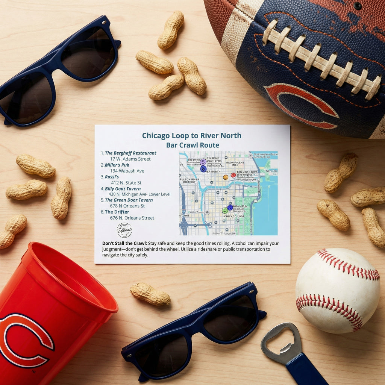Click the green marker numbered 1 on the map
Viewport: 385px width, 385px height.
tap(224, 210)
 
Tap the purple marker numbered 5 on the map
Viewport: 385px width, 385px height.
tap(203, 162)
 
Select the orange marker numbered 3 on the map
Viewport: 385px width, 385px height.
tap(226, 177)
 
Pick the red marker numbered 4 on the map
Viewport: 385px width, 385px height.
tap(233, 175)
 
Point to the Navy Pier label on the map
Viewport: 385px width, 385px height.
tap(272, 171)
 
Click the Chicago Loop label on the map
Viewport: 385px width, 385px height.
tap(234, 217)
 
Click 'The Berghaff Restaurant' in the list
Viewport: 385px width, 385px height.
tap(130, 153)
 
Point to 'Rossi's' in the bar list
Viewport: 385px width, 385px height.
tap(112, 177)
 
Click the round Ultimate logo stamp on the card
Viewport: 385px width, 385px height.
tap(124, 230)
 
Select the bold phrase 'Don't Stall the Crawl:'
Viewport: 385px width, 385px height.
tap(124, 243)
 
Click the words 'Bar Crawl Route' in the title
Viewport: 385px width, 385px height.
tap(192, 145)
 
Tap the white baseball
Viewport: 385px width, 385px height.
tap(338, 290)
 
